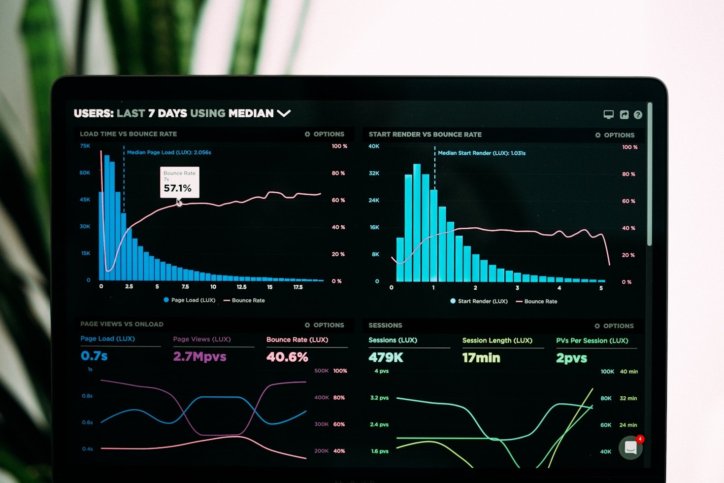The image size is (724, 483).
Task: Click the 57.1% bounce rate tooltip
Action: pyautogui.click(x=179, y=182)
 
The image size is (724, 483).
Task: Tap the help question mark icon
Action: pyautogui.click(x=638, y=115)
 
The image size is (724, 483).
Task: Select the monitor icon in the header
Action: pyautogui.click(x=609, y=115)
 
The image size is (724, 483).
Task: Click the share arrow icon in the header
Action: pyautogui.click(x=624, y=115)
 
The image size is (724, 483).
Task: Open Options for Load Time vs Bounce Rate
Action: pyautogui.click(x=325, y=134)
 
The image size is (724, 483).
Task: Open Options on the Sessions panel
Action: pyautogui.click(x=614, y=326)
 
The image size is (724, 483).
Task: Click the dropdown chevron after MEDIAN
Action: pyautogui.click(x=284, y=113)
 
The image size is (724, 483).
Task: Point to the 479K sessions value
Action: pyautogui.click(x=386, y=357)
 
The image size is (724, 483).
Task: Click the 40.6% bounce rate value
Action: pyautogui.click(x=287, y=357)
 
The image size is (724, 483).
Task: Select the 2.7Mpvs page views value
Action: pyautogui.click(x=199, y=356)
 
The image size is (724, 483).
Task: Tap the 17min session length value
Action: pyautogui.click(x=481, y=358)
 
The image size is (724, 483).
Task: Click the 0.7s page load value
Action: pyautogui.click(x=94, y=356)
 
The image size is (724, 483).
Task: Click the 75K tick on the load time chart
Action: pyautogui.click(x=85, y=146)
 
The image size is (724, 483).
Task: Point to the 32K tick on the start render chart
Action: pyautogui.click(x=374, y=173)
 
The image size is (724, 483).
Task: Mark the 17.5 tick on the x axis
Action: pyautogui.click(x=298, y=287)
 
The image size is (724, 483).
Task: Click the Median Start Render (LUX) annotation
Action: pyautogui.click(x=482, y=153)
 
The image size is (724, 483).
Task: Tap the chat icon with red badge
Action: pyautogui.click(x=631, y=448)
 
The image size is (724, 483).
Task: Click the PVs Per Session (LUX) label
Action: pyautogui.click(x=592, y=341)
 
